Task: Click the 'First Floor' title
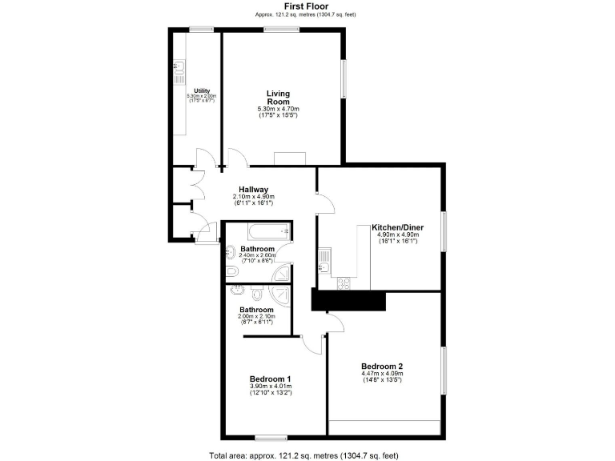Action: [x=307, y=6]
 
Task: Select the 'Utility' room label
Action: [x=201, y=90]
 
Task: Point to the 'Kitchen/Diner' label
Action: [x=398, y=228]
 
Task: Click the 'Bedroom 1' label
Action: [x=270, y=379]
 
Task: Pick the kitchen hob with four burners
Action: [x=345, y=283]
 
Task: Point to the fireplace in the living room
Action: [x=289, y=158]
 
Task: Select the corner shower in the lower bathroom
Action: [x=279, y=275]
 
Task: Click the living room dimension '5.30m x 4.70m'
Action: [x=278, y=109]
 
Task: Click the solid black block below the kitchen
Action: [x=348, y=301]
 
